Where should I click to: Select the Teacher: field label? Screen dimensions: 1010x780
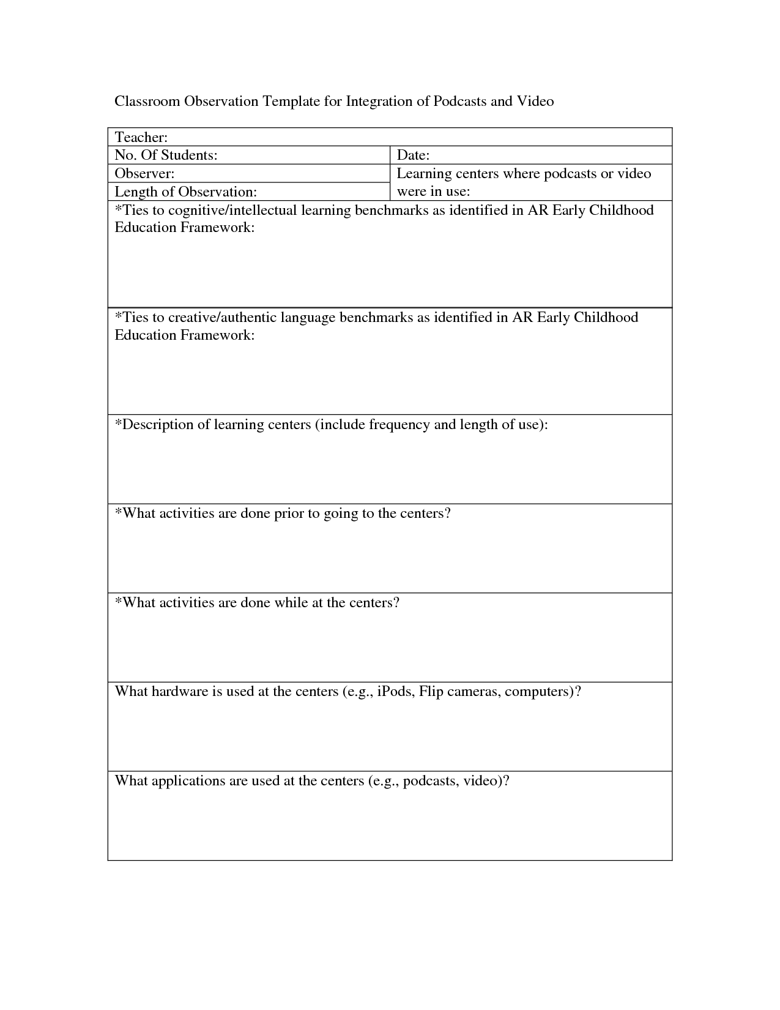point(141,137)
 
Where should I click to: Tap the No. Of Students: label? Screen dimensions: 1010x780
point(166,155)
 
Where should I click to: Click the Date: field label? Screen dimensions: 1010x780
point(413,155)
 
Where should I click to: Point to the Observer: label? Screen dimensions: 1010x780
point(144,173)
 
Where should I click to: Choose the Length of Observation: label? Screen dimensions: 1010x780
point(185,192)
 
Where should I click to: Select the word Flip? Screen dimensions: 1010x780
point(431,692)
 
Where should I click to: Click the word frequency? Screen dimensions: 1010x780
point(399,424)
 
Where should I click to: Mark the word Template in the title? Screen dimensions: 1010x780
point(291,101)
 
